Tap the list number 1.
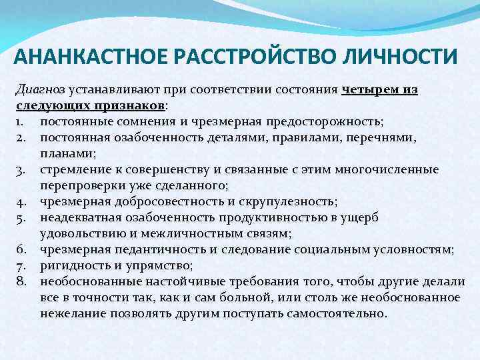(x=20, y=121)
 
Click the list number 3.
(x=21, y=170)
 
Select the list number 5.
(x=21, y=217)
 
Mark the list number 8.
(x=21, y=281)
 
